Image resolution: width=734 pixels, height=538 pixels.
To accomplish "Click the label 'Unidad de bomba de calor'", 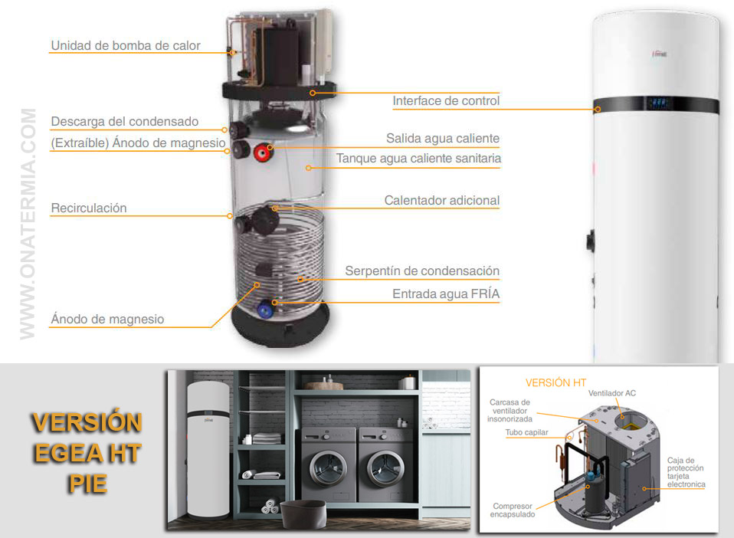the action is click(126, 45).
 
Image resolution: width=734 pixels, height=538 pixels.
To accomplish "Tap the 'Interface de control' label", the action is click(446, 100).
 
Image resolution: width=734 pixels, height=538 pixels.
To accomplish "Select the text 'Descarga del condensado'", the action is click(125, 121).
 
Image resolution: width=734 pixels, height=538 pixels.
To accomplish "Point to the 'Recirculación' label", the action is click(88, 208).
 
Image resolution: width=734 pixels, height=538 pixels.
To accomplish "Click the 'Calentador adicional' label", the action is click(442, 200).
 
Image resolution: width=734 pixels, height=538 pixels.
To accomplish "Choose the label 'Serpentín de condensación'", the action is click(422, 271).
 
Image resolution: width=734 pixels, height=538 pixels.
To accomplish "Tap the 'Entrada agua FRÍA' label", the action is click(446, 294).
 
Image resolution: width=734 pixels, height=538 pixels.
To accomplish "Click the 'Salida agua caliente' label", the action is click(443, 138).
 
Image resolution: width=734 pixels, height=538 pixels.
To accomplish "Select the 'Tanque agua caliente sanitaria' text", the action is click(418, 159).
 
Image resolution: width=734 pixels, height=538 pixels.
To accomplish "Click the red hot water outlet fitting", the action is click(263, 153).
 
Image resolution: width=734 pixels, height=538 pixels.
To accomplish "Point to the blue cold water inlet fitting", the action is click(265, 309).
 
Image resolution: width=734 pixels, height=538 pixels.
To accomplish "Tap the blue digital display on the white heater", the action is click(657, 103).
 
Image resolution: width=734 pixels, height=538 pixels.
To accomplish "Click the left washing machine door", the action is click(328, 469).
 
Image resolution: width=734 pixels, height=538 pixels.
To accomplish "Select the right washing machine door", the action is click(385, 469).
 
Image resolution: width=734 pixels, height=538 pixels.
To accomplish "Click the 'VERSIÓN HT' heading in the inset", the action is click(555, 382).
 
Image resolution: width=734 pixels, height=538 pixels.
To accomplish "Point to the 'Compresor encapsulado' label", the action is click(513, 510).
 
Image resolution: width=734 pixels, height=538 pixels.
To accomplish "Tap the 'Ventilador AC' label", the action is click(612, 393).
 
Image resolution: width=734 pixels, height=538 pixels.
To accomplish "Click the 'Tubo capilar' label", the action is click(526, 432).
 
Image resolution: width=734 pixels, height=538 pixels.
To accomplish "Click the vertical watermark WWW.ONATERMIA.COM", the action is click(28, 224).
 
